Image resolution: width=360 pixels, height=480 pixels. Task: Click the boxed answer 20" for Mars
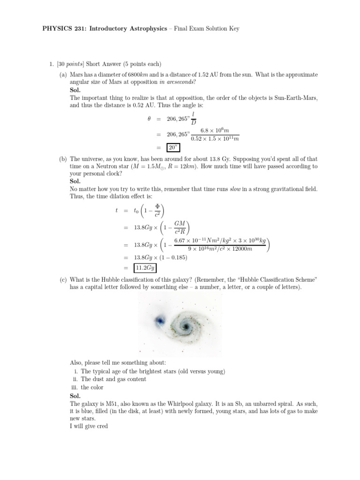click(173, 149)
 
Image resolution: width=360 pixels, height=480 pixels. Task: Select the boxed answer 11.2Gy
click(145, 268)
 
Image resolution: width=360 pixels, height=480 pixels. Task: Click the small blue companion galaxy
click(159, 321)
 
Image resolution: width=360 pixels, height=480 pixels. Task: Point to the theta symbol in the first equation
click(149, 119)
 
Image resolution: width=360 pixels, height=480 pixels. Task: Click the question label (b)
click(63, 159)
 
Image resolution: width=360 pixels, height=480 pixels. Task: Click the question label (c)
click(63, 279)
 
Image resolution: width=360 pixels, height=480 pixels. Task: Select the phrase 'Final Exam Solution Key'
click(207, 29)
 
